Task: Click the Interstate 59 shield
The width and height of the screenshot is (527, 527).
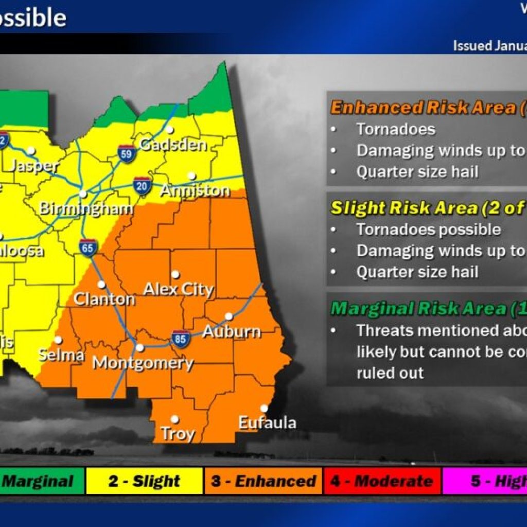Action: click(127, 153)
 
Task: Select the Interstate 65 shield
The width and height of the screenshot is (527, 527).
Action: click(89, 248)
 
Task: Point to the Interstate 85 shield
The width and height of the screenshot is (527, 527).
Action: click(181, 339)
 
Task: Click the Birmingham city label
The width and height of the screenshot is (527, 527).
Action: click(86, 209)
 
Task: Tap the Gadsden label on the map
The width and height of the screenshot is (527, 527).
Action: click(173, 145)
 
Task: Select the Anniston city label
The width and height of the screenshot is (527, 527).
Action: click(195, 190)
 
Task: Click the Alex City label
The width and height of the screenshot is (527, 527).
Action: click(178, 289)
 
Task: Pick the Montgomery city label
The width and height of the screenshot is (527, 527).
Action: click(143, 363)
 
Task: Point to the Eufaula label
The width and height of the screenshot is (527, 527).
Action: click(267, 423)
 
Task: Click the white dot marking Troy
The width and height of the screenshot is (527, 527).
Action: click(175, 419)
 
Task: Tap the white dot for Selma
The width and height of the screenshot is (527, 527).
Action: click(58, 340)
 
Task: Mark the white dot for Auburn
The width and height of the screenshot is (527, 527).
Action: click(229, 316)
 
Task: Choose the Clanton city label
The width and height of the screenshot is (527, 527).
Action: click(104, 299)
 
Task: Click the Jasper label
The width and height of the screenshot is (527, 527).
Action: click(34, 166)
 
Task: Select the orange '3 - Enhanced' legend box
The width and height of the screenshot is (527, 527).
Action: click(263, 482)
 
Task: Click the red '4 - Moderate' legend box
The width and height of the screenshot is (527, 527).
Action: click(381, 482)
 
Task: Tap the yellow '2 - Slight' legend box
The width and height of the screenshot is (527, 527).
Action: click(145, 482)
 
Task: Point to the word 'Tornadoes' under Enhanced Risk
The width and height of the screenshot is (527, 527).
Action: click(396, 129)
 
